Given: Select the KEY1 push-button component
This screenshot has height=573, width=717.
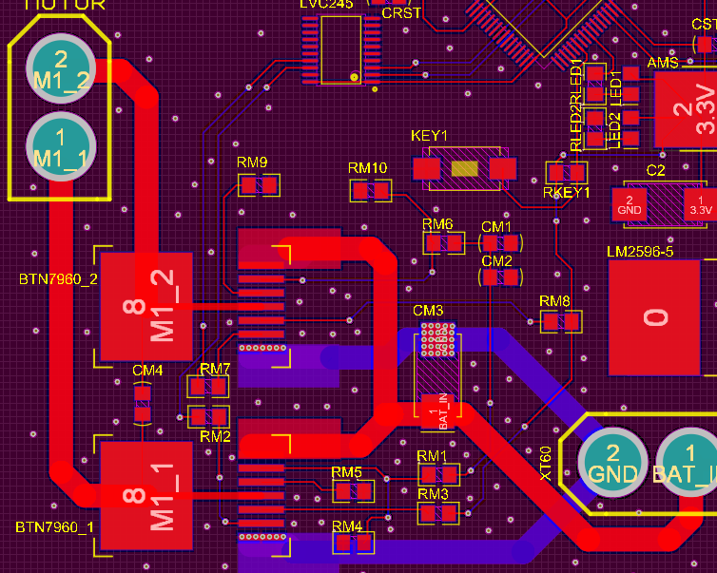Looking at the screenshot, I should click(x=464, y=169).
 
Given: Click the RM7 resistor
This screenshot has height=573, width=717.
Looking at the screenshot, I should click(x=208, y=387).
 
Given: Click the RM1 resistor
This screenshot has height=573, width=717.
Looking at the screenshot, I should click(x=438, y=474).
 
